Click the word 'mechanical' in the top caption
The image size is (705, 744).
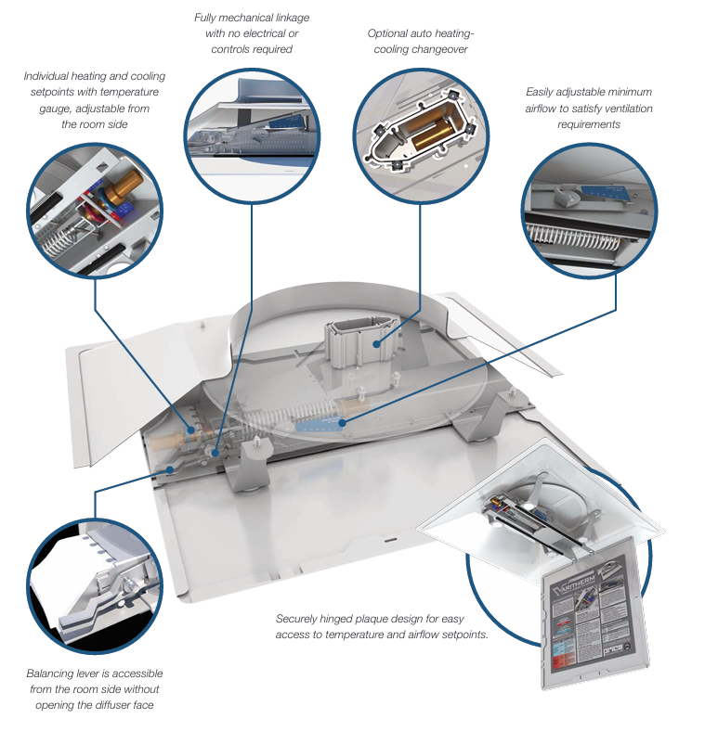click(x=250, y=18)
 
